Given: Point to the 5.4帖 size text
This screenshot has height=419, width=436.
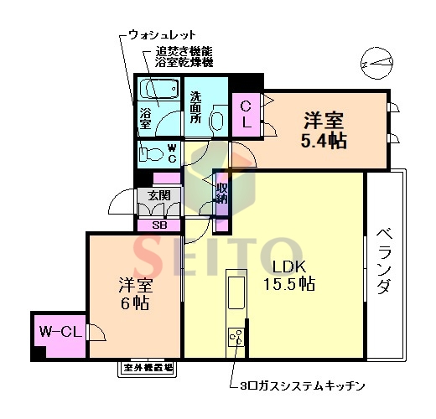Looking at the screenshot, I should point(324,139).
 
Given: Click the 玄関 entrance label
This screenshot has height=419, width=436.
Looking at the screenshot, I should point(158,195).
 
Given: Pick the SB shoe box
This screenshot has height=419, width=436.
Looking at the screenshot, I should point(158,225).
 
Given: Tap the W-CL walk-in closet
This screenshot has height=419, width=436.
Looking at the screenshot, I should point(59,333).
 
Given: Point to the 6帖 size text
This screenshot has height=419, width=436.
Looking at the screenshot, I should point(133,303).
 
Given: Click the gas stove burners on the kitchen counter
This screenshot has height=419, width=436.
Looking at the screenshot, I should point(235,339).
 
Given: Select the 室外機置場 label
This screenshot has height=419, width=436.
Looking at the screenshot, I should point(148,367).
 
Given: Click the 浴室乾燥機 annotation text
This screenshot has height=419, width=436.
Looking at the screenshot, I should point(184,63).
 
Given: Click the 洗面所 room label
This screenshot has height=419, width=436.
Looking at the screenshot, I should point(195,107).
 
